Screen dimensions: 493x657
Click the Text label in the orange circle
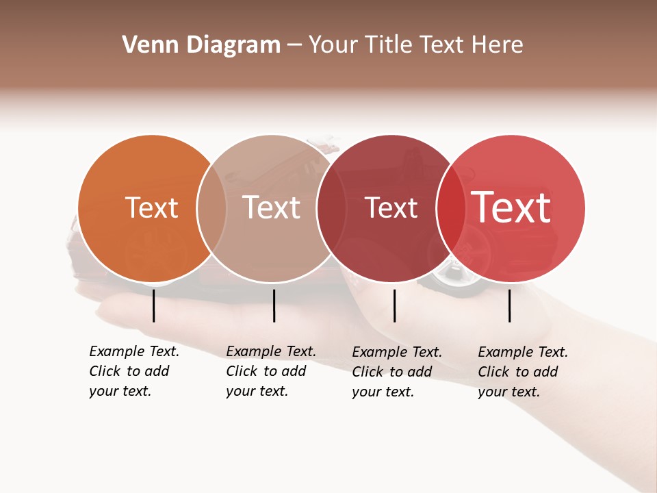[x=151, y=207]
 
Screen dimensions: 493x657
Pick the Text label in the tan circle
[x=271, y=207]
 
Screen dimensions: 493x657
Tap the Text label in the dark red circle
[x=391, y=207]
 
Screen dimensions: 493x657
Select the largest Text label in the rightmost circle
[x=511, y=207]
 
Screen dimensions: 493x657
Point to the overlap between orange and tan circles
[x=211, y=208]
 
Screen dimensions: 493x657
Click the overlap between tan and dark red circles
[x=331, y=208]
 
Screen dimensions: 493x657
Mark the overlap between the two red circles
[x=450, y=208]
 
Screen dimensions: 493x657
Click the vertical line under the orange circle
[x=154, y=305]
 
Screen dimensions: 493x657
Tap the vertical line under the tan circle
[x=274, y=305]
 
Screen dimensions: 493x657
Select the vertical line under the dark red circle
[x=395, y=305]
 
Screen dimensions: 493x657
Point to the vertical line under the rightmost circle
[x=510, y=305]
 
